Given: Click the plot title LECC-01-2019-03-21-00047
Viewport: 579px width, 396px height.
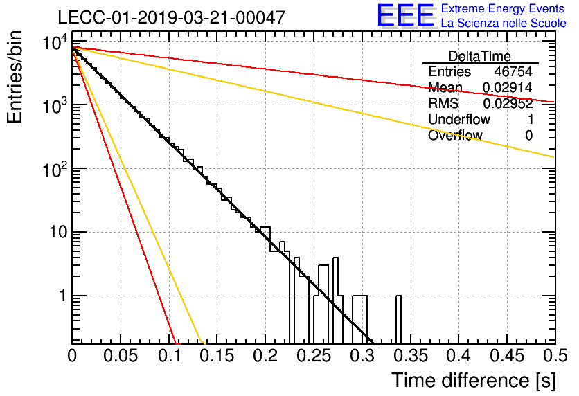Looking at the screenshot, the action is [x=172, y=17].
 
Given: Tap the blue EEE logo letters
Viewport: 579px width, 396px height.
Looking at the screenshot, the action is [x=405, y=15].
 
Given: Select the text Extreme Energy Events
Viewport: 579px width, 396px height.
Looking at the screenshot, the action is [x=503, y=8].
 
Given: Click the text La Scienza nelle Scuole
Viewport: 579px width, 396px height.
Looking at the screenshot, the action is [x=504, y=23].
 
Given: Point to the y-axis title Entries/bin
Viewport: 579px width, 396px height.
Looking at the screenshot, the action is [x=15, y=77].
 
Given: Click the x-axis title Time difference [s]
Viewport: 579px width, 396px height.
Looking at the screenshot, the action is [x=474, y=381].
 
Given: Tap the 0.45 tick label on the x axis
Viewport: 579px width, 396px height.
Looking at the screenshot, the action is [x=507, y=356].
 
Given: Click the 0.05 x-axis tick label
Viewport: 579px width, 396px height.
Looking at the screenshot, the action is [x=121, y=356].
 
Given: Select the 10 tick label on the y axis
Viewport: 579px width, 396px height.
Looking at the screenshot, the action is [x=58, y=233].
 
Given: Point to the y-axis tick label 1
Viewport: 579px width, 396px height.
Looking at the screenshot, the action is [x=63, y=296].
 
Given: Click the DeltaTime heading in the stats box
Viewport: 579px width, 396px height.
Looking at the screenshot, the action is [x=480, y=56].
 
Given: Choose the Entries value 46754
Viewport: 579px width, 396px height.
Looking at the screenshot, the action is [x=513, y=71].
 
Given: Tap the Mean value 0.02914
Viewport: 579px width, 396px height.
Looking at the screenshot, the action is [x=508, y=87].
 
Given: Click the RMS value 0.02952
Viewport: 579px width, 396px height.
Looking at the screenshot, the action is [x=508, y=103].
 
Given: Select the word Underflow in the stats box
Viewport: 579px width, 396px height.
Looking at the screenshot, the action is [x=459, y=119].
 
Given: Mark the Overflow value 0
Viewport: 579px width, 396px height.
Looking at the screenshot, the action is [x=528, y=136].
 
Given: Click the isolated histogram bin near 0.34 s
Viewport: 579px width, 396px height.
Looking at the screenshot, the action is [x=398, y=320].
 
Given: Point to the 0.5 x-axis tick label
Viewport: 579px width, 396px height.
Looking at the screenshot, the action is [x=555, y=356].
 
